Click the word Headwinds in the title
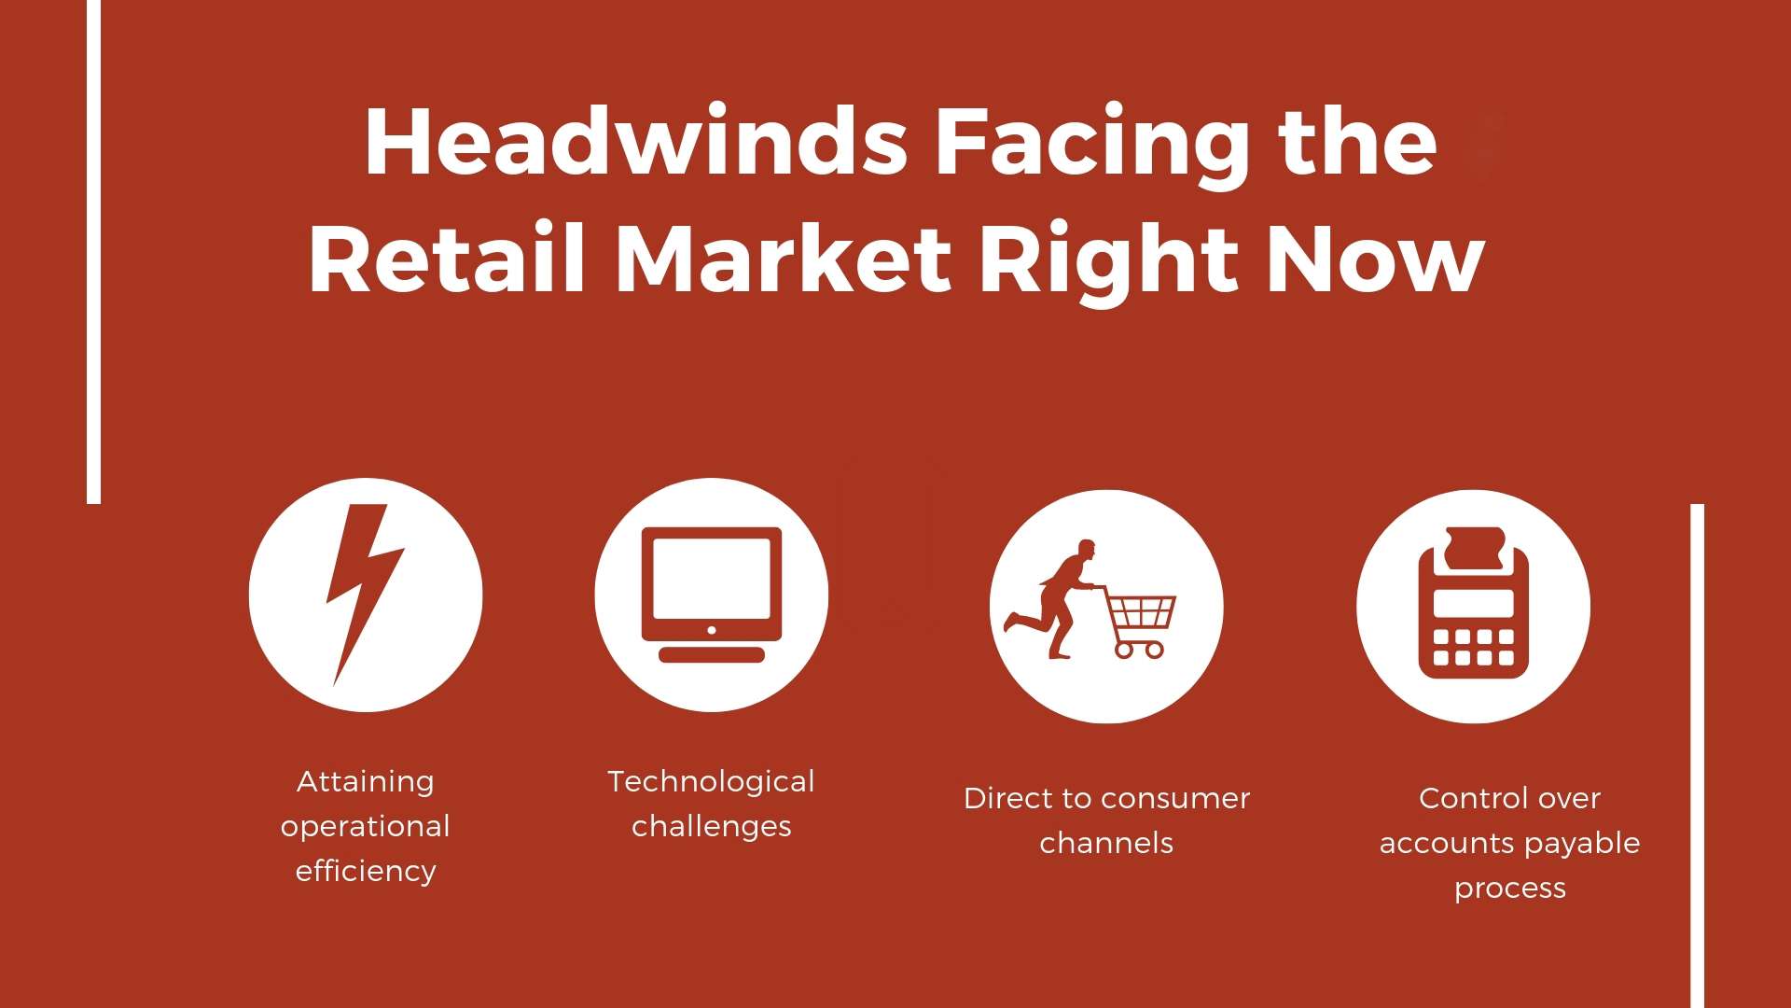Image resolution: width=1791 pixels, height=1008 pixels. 636,142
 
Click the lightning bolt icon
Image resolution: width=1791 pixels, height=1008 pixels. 365,595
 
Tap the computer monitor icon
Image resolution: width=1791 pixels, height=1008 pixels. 712,595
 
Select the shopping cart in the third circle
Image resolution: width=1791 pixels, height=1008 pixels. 1136,622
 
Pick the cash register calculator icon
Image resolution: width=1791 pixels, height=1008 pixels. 1474,603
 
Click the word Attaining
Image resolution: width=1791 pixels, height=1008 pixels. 366,781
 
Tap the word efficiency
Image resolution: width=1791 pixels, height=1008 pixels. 366,871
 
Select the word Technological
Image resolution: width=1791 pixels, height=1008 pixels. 712,781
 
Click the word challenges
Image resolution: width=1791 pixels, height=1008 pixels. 712,826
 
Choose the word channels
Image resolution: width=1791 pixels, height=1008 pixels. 1106,843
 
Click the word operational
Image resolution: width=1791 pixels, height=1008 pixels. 366,827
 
